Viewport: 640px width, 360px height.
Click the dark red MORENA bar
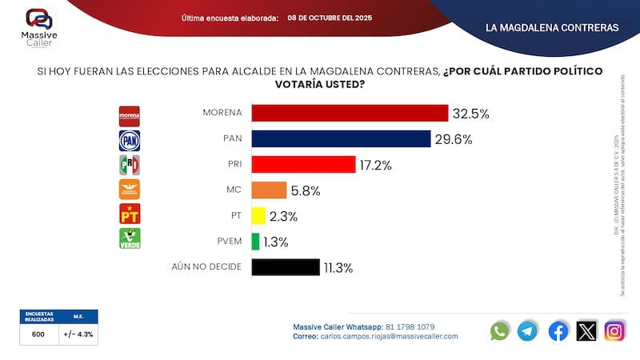click(x=350, y=113)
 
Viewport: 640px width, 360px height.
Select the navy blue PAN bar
click(x=341, y=138)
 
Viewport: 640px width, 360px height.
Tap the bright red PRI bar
click(x=303, y=164)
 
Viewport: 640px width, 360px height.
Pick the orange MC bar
click(x=269, y=190)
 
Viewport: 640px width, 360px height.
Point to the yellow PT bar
click(x=258, y=215)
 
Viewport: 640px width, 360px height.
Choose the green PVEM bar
click(x=255, y=241)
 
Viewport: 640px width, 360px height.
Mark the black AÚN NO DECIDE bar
click(x=286, y=266)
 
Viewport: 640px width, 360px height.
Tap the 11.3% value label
click(x=337, y=267)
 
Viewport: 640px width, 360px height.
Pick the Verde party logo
click(x=130, y=238)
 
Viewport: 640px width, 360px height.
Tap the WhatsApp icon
click(x=500, y=330)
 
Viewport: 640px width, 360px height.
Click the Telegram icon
click(x=527, y=330)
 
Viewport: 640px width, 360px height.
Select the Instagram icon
click(x=614, y=330)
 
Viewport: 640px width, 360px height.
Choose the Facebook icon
click(x=558, y=330)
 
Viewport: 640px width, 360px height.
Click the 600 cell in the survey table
click(x=38, y=335)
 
